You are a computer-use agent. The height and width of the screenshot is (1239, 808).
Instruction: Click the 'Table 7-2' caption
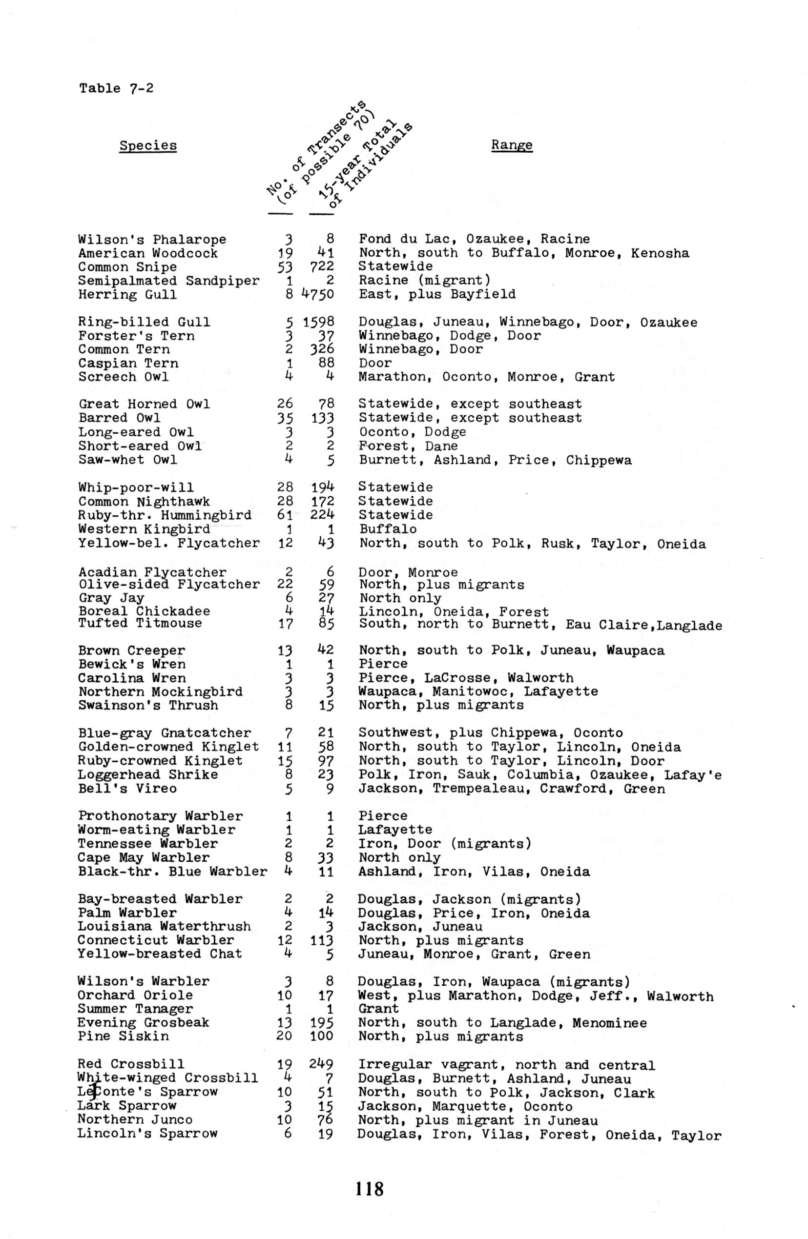pos(116,88)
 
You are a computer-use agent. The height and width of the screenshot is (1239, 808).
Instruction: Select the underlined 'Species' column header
pos(148,145)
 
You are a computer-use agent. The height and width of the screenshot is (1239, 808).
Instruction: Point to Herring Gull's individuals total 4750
pos(318,295)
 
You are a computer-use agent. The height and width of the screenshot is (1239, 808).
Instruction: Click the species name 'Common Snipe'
pos(127,267)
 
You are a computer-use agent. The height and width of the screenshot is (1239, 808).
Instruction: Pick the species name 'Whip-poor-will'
pos(136,488)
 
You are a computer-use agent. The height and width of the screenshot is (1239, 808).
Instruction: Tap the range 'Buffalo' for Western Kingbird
pos(388,529)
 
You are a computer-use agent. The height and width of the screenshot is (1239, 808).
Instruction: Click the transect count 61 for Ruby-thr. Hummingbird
pos(286,515)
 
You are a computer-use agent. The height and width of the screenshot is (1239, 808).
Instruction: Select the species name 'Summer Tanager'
pos(135,1010)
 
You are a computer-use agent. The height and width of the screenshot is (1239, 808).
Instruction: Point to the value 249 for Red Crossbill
pos(321,1065)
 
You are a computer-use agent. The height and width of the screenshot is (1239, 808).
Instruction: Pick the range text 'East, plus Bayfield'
pos(437,294)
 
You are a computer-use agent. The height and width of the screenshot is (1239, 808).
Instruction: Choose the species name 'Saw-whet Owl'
pos(127,460)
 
